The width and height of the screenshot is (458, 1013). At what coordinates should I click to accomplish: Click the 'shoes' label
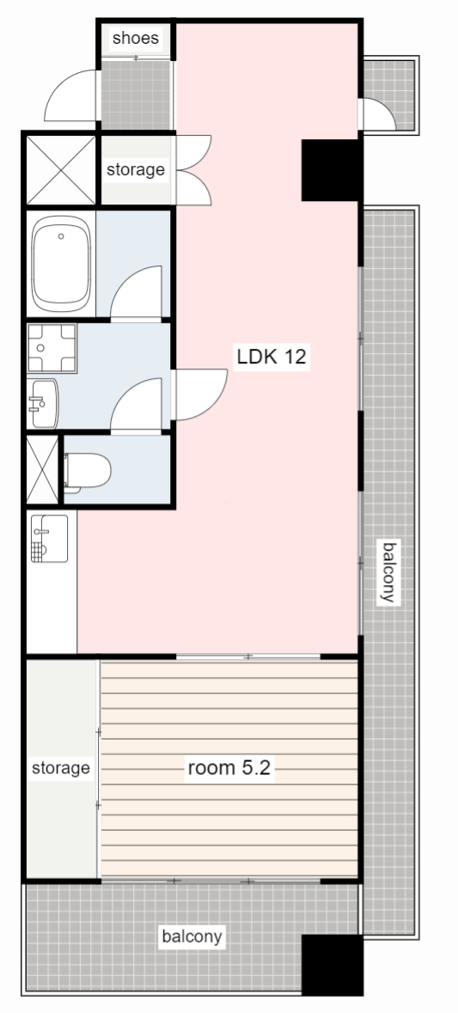coord(136,39)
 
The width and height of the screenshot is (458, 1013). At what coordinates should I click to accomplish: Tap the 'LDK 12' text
coord(272,357)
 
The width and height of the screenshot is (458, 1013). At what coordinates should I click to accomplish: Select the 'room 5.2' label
coord(229,767)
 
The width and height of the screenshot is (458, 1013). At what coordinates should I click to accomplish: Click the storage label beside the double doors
coord(135,169)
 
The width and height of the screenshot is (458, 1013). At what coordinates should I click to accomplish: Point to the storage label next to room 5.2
coord(61,767)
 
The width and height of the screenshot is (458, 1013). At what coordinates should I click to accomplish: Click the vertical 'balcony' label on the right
coord(389,572)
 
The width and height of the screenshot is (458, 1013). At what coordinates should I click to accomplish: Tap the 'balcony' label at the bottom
coord(192,936)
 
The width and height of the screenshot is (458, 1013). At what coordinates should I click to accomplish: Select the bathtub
coord(61,265)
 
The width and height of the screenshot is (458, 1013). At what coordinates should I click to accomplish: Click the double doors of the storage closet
coord(192,169)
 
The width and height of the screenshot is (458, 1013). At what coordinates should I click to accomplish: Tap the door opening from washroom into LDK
coord(198,394)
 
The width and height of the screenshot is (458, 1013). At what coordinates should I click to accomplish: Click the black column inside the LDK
coord(330,169)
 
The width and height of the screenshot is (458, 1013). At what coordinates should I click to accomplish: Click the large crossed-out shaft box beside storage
coord(60,169)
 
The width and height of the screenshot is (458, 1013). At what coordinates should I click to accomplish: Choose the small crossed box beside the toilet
coord(42,471)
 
